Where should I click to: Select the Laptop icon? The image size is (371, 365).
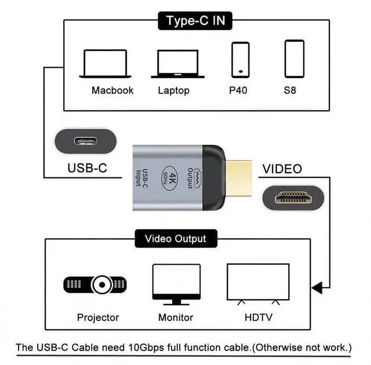point(178,64)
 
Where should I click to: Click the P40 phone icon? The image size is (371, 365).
point(240,59)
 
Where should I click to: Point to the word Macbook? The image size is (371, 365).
point(112,90)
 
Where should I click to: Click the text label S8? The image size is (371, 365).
point(290,90)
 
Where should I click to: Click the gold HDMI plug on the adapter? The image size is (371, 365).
point(238,177)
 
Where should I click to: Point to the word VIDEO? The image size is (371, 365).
point(282,169)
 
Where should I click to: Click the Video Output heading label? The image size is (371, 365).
point(175,238)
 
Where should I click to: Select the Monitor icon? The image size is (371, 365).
point(176,284)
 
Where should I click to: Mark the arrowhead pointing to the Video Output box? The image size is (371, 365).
point(316,287)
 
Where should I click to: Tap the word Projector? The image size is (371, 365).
point(98,317)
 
